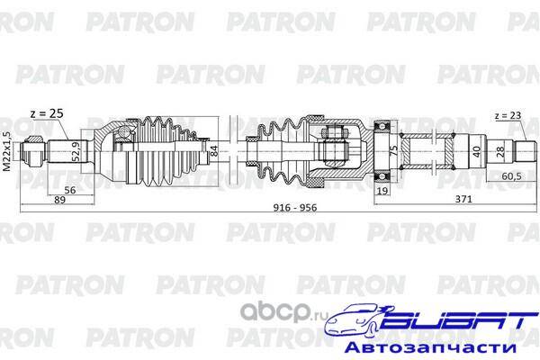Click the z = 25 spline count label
[47, 113]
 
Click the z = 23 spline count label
[508, 116]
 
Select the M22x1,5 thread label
[6, 151]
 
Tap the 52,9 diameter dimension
[76, 151]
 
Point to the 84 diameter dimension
[214, 151]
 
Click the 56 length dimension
[70, 190]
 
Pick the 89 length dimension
[59, 200]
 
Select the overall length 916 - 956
[295, 207]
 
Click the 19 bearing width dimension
[382, 190]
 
